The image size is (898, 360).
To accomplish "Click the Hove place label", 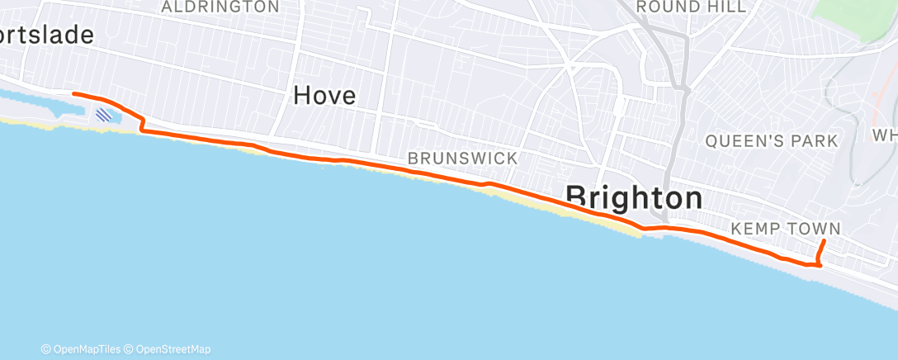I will [324, 97].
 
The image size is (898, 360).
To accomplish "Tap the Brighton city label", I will [635, 198].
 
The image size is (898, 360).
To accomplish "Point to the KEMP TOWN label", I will [786, 229].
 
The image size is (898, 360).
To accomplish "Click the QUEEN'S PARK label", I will [771, 141].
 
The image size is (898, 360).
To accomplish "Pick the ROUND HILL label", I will [691, 7].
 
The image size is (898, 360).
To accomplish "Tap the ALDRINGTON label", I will [220, 7].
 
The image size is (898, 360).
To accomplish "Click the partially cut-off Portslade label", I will [45, 35].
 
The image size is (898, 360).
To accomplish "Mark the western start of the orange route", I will [74, 94].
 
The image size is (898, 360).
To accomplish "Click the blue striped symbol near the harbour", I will [105, 116].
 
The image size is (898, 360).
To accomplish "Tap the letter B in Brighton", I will [578, 198].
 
